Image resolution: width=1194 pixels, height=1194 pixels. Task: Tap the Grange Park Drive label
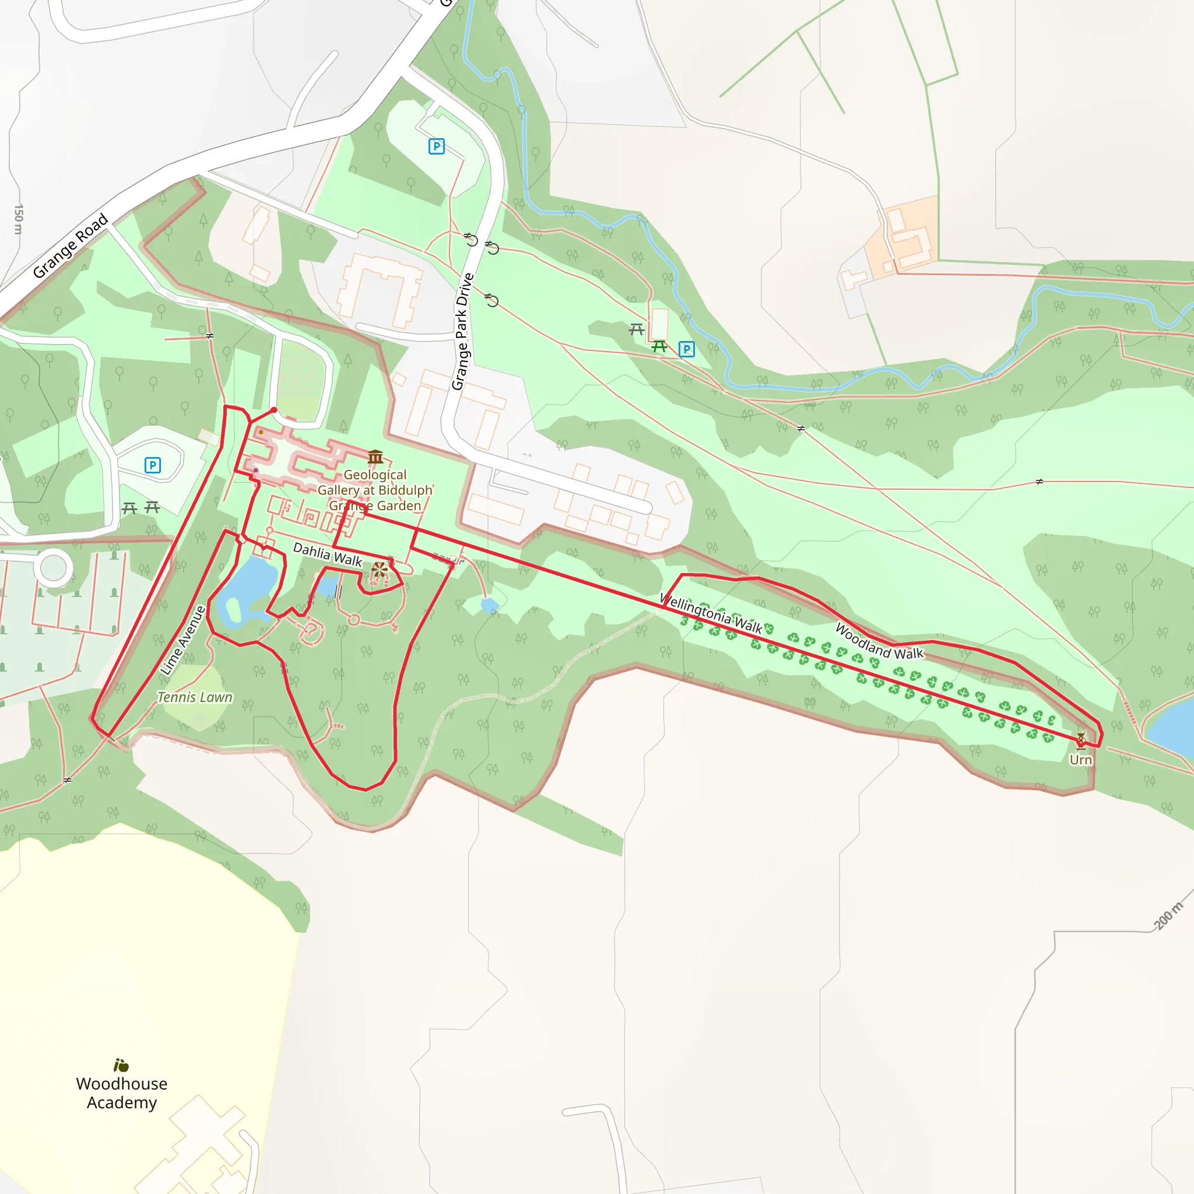click(x=463, y=331)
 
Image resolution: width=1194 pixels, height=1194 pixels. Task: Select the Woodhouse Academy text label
click(x=122, y=1093)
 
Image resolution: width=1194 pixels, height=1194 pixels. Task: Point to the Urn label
click(x=1080, y=760)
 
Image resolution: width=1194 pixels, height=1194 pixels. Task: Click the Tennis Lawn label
click(x=195, y=697)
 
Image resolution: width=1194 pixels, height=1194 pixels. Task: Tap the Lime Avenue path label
click(x=182, y=640)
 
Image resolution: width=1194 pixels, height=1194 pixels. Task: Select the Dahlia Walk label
click(x=327, y=554)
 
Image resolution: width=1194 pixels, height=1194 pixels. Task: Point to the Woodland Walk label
click(x=879, y=641)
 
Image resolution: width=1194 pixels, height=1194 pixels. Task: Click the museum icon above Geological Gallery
click(x=375, y=456)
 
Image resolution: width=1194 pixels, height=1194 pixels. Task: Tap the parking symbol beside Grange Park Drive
click(x=436, y=146)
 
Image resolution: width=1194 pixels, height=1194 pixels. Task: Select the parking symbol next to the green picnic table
click(x=686, y=349)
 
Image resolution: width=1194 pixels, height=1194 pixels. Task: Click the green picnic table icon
click(x=659, y=347)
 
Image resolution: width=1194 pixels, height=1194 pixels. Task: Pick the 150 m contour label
click(x=19, y=219)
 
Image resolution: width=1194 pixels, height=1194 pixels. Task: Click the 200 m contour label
click(x=1167, y=915)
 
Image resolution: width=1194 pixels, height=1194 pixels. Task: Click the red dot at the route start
click(x=274, y=410)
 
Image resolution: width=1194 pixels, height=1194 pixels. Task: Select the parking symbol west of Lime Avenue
click(x=153, y=465)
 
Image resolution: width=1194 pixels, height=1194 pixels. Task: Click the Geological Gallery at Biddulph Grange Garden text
click(x=375, y=490)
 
